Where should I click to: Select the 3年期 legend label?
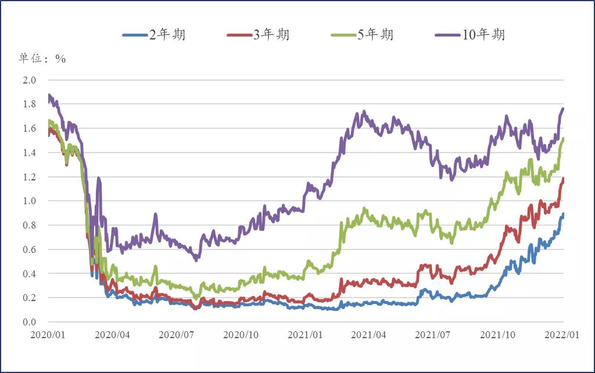pos(257,35)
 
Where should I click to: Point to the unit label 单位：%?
pos(42,59)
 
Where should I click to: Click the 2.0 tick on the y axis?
pos(29,80)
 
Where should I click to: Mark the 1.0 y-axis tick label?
pos(29,201)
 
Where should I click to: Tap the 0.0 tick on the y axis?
pos(29,323)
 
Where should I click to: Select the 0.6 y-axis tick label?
pos(29,249)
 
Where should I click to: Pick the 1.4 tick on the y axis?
pos(29,153)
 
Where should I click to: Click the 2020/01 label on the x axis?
pos(48,335)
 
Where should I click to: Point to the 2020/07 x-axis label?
pos(177,335)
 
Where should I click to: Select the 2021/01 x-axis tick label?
pos(306,335)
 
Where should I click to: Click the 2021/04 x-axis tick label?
pos(370,335)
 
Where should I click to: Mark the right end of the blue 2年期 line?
pos(563,214)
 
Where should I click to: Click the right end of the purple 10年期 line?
pos(563,108)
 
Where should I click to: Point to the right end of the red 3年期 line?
pos(563,179)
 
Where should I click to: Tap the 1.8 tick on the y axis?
pos(29,104)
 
